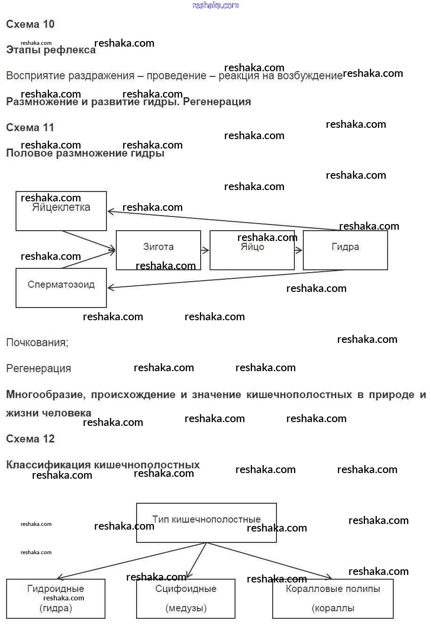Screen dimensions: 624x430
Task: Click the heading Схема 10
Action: click(x=30, y=24)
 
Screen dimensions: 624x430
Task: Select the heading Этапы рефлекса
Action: click(x=51, y=50)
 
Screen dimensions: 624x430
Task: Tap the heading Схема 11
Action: click(x=30, y=127)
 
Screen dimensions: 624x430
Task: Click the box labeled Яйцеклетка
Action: click(x=61, y=211)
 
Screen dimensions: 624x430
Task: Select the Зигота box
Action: click(x=158, y=250)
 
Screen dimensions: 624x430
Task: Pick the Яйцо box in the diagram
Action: click(x=252, y=250)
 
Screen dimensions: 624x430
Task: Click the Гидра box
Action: click(x=345, y=250)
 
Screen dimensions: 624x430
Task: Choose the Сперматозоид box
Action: click(x=61, y=288)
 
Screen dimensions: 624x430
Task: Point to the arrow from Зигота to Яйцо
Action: click(x=205, y=250)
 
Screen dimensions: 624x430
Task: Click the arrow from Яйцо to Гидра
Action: click(x=299, y=250)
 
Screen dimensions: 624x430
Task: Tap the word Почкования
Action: click(x=37, y=342)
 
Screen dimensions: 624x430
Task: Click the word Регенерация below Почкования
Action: click(x=39, y=368)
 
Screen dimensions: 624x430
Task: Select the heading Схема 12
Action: click(x=30, y=439)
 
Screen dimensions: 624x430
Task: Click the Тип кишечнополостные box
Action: click(x=206, y=523)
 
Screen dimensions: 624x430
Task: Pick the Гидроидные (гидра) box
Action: click(x=56, y=599)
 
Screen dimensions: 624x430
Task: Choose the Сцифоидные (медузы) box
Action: click(x=186, y=599)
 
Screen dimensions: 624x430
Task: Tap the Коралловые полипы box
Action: click(x=333, y=599)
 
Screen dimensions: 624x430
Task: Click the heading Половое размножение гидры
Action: click(x=85, y=153)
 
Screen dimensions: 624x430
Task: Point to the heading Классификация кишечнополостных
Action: click(x=103, y=465)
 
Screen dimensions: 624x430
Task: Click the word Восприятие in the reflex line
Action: click(x=35, y=76)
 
